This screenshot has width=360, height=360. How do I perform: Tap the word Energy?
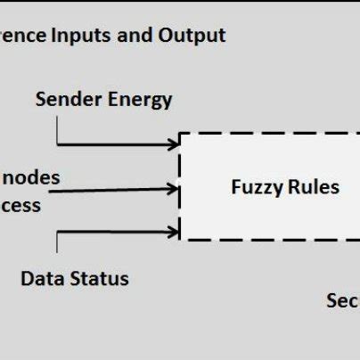tap(138, 100)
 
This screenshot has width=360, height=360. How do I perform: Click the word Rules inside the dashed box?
tap(312, 187)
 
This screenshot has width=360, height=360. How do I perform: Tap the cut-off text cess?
tap(20, 206)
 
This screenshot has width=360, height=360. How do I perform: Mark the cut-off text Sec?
tap(343, 301)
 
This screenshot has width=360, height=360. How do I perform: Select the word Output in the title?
tap(192, 37)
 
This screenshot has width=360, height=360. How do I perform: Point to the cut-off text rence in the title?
tap(21, 37)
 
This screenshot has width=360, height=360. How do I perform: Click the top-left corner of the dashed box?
tap(181, 134)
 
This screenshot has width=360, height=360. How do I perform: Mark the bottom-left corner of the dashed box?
tap(181, 239)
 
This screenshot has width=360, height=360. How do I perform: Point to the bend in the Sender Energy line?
tap(58, 143)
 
